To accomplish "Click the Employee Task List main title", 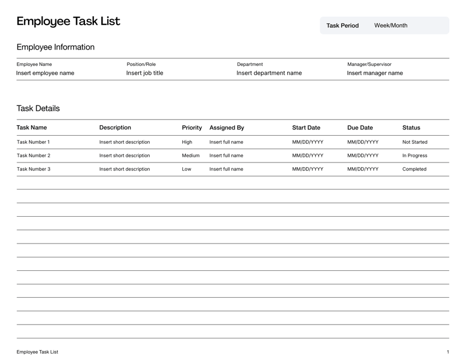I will [x=68, y=22].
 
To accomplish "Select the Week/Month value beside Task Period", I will [x=391, y=26].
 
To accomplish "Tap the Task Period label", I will [x=343, y=26].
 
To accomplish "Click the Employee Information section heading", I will [x=55, y=47].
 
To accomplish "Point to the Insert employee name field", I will [x=45, y=73].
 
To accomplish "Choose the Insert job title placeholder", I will [x=144, y=73].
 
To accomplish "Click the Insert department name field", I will [x=269, y=73].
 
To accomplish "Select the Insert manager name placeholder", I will [x=375, y=73].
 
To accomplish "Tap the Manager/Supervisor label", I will [x=369, y=64].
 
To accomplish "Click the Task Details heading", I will [x=38, y=108].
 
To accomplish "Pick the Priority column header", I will [x=192, y=128].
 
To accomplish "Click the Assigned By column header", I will [x=227, y=128].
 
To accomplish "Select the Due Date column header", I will [x=360, y=128].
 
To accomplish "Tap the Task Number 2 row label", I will [x=33, y=156].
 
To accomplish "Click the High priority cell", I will [x=187, y=142].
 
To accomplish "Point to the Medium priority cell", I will [x=190, y=156].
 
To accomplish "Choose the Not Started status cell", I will [x=415, y=142].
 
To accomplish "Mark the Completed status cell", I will [x=414, y=170].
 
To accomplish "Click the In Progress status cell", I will [x=415, y=156].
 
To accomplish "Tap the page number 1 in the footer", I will [x=448, y=352].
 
